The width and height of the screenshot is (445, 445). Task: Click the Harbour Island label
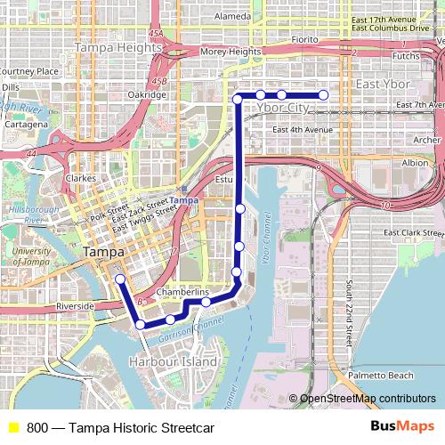[x=173, y=363]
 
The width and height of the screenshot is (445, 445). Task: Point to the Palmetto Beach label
[x=381, y=375]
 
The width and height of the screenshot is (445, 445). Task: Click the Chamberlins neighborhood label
[x=182, y=292]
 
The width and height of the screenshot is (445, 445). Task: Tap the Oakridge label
[x=147, y=94]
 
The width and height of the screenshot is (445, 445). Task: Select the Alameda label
[x=232, y=16]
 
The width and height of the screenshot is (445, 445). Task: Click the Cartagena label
[x=24, y=125]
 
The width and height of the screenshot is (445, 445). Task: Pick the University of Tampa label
[x=32, y=257]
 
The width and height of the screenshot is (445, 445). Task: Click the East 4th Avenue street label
[x=303, y=130]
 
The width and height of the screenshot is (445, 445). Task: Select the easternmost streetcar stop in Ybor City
[x=323, y=94]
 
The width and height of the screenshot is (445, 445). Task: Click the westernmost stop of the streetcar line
[x=120, y=279]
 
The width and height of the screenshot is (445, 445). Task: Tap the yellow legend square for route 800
[x=12, y=427]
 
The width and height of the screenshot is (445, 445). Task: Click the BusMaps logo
[x=401, y=427]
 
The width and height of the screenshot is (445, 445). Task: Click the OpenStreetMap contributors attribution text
[x=368, y=399]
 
